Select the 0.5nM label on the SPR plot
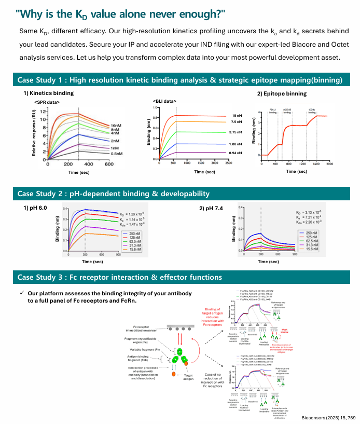(117, 154)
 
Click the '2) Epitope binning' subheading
(282, 94)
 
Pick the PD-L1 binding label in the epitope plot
(272, 111)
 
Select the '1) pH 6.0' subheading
(36, 208)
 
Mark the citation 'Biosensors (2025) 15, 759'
(328, 417)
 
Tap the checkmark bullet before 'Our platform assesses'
(22, 293)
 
